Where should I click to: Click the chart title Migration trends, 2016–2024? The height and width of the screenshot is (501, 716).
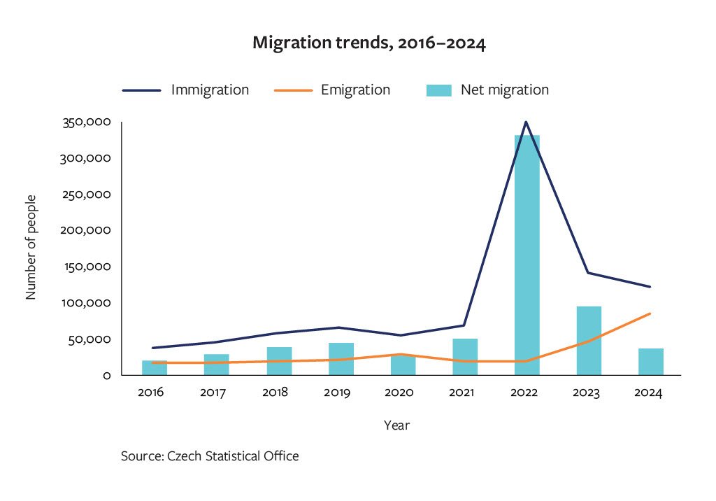tap(368, 43)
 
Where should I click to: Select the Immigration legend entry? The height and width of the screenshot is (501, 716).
tap(186, 90)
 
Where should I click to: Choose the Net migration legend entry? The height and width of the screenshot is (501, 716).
tap(487, 90)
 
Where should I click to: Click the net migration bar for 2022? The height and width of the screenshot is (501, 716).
tap(527, 255)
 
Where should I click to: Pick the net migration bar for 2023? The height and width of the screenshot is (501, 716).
tap(589, 341)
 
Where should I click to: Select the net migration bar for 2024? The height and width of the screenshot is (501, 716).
tap(650, 362)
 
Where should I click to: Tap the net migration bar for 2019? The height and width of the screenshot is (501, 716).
tap(341, 359)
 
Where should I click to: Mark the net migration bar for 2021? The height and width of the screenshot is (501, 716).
tap(465, 357)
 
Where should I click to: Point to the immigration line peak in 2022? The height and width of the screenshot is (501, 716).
tap(527, 122)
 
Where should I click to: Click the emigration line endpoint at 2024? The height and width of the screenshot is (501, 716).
tap(650, 313)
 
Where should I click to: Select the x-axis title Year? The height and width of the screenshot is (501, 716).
tap(396, 425)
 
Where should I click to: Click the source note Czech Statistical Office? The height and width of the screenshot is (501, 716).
tap(210, 456)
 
